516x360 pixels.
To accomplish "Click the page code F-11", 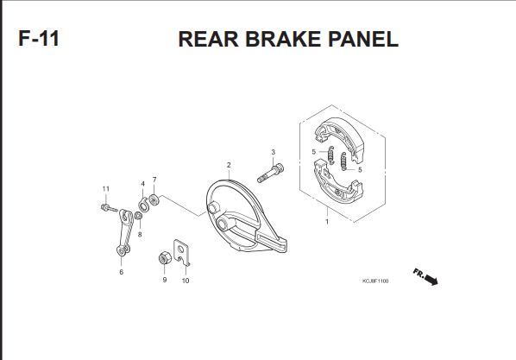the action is (x=39, y=39).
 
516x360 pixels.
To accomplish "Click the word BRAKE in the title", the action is (x=283, y=39).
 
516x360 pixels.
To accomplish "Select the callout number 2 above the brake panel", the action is (x=229, y=165).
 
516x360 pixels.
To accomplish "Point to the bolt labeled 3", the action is (x=270, y=174).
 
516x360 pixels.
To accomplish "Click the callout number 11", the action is (x=105, y=189).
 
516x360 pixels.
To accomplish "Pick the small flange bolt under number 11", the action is (x=109, y=208).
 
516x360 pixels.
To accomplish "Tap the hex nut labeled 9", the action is (x=164, y=258).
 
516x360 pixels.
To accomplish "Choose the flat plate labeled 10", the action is (x=182, y=252).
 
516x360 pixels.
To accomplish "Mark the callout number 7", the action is (x=154, y=180).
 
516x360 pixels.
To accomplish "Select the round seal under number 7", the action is (x=154, y=199).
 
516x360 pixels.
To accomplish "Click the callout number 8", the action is (x=140, y=235).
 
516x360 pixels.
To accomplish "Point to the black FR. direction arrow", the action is (x=431, y=280).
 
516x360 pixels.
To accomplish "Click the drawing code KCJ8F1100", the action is (x=375, y=281).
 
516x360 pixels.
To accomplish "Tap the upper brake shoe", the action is (x=340, y=138).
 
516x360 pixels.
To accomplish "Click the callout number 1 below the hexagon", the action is (x=327, y=222).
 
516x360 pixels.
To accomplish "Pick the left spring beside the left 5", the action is (x=331, y=155).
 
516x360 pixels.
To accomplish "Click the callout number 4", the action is (x=143, y=184).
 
